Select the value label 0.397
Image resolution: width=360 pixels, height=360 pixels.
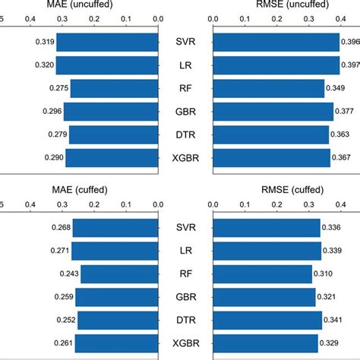(x=351, y=65)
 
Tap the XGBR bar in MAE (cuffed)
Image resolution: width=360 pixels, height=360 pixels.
(x=117, y=344)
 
